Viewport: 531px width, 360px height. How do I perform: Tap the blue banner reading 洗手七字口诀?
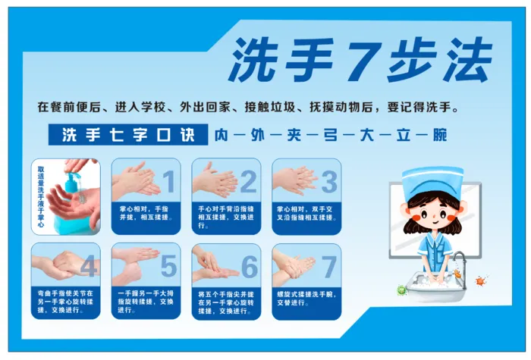pos(122,135)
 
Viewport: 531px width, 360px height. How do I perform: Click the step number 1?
pos(168,182)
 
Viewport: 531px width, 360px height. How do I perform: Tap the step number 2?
pos(248,182)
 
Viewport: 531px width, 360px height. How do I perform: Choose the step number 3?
pos(328,182)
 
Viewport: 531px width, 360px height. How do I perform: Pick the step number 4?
pos(88,266)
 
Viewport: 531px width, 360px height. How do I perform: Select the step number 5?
pos(168,266)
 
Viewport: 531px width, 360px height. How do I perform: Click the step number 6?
pos(248,266)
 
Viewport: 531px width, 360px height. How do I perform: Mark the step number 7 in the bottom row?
pos(328,266)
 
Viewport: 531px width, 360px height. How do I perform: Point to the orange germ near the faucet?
pos(479,281)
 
